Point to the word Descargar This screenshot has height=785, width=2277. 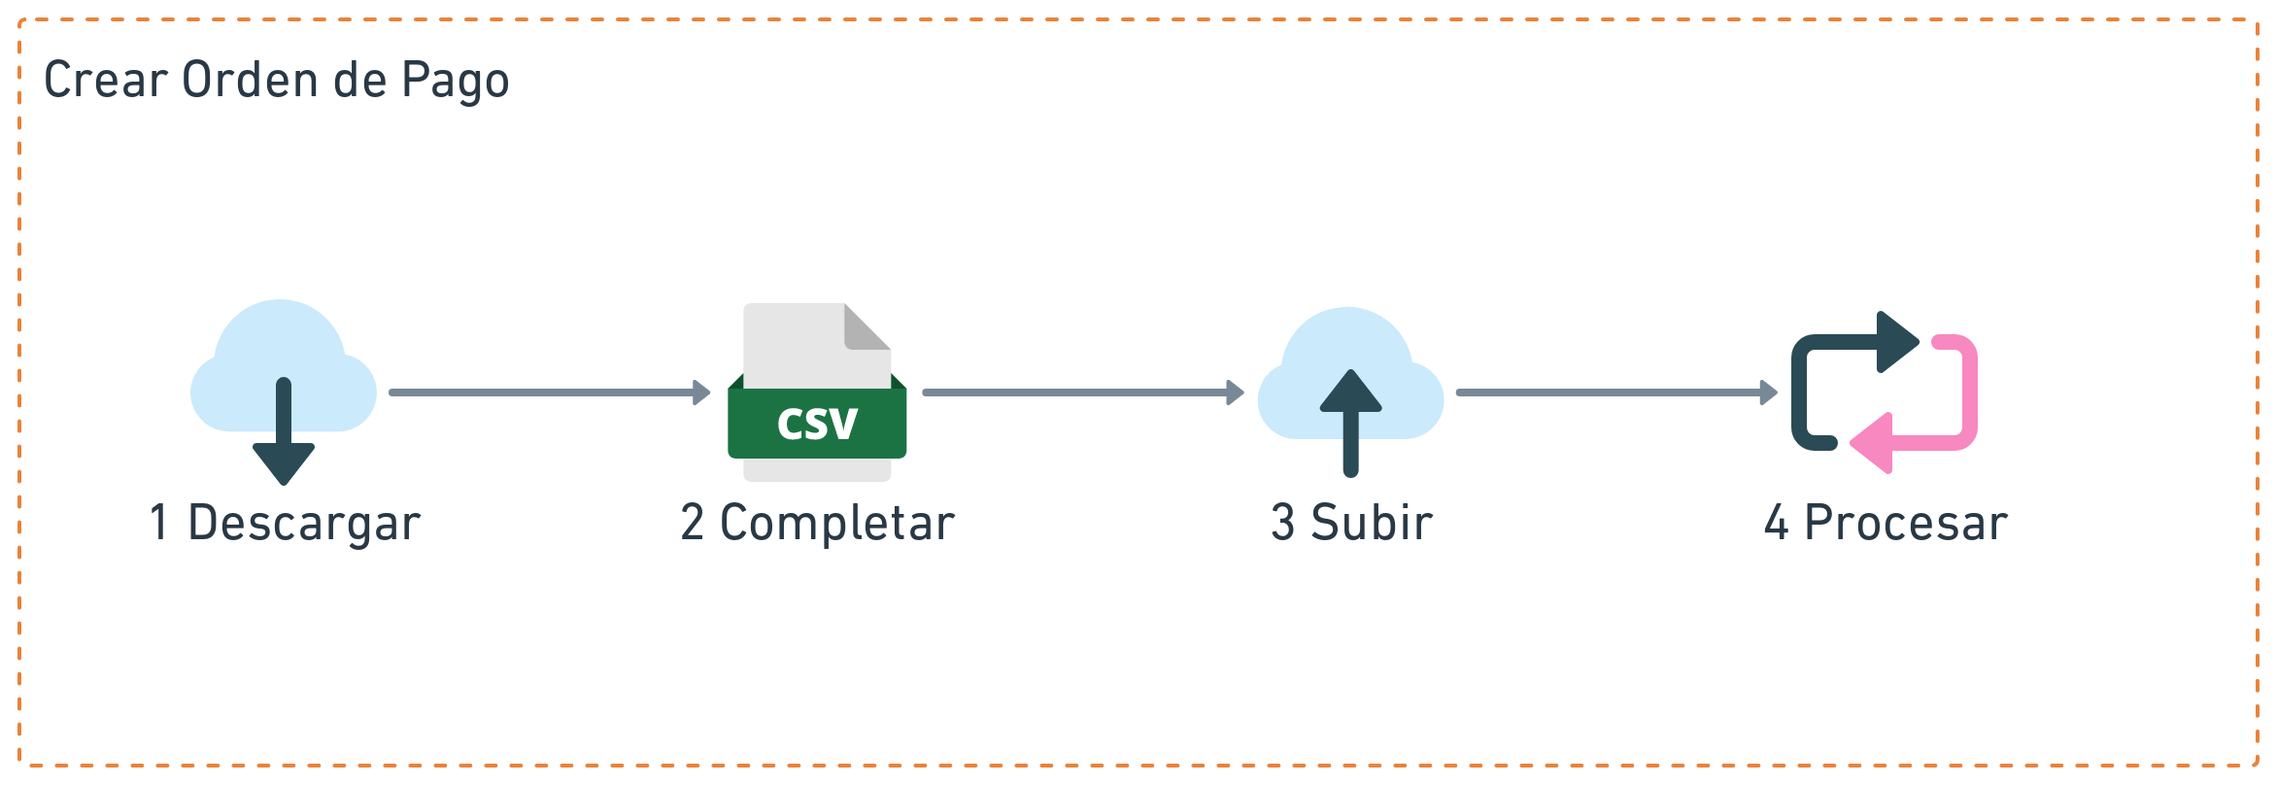click(x=303, y=524)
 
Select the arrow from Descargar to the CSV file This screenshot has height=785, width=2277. click(x=549, y=392)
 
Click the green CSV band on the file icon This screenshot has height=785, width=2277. click(x=817, y=423)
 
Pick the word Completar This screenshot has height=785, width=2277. click(x=837, y=524)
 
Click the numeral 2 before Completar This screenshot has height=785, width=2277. click(x=693, y=523)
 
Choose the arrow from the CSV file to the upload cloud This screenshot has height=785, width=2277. click(x=1082, y=392)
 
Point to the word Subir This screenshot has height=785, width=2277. click(x=1371, y=523)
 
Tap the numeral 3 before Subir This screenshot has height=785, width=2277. click(x=1282, y=523)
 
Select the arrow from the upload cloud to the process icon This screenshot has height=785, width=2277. click(x=1615, y=392)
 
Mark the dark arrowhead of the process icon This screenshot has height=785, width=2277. click(x=1897, y=342)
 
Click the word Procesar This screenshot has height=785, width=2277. click(x=1905, y=524)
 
